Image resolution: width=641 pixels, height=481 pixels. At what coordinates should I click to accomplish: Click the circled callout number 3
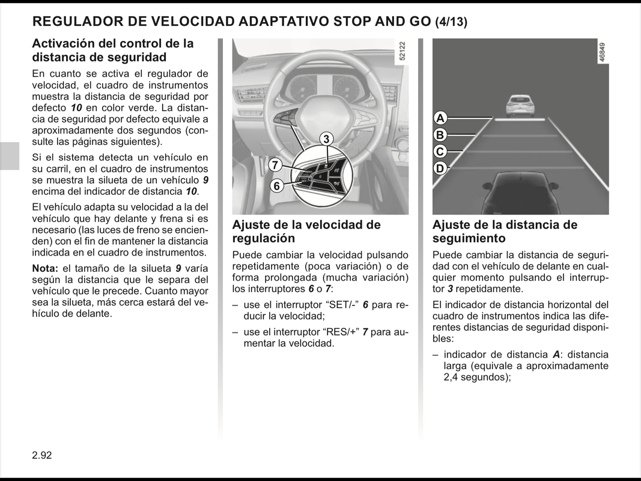coord(326,139)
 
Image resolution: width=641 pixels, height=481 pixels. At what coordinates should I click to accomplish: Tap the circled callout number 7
coord(275,165)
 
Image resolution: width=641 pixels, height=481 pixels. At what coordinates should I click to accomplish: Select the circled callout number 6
coord(276,186)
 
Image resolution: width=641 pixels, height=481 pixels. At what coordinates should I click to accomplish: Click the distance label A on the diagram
coord(440,118)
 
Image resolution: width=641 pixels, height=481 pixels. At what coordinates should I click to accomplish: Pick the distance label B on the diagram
coord(440,135)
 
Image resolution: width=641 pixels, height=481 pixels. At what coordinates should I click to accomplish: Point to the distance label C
coord(440,152)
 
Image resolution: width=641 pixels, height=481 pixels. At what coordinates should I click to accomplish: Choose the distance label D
coord(440,168)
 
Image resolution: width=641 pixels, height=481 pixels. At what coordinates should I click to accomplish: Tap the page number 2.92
coord(42,455)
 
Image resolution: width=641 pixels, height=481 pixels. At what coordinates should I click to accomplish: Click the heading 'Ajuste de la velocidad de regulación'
coord(306,231)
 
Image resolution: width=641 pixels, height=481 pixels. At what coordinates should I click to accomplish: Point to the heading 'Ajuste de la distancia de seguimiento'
coord(505,231)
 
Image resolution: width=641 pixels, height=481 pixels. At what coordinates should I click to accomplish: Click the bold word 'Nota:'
coord(45,268)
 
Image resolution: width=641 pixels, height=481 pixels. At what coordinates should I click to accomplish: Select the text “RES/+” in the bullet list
coord(342,332)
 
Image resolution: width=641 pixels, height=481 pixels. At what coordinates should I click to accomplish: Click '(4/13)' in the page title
coord(451,22)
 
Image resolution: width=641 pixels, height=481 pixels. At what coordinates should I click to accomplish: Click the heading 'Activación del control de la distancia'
coord(112,51)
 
